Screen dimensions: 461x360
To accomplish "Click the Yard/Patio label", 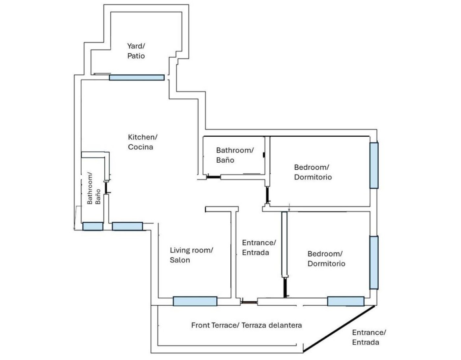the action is [136, 51].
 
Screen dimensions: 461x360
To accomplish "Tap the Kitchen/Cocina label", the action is [142, 142].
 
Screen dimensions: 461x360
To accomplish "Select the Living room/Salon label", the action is [191, 255].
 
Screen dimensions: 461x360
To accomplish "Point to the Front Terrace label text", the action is [246, 325].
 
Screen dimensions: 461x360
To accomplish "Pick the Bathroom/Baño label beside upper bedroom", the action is [235, 155].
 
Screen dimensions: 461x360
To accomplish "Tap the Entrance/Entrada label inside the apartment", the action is [259, 247].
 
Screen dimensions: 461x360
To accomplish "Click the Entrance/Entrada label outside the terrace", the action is [369, 337].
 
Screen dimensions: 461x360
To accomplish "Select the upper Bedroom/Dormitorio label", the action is [313, 172].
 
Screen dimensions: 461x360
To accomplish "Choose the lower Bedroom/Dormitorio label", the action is [326, 259].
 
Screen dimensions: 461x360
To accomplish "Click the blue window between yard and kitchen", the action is [137, 77].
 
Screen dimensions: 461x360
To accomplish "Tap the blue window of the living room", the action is [195, 301].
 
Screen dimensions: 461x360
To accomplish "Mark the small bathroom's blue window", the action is [93, 226].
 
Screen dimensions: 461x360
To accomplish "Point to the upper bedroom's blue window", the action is [374, 165].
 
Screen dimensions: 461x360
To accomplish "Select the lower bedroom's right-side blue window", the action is [374, 263].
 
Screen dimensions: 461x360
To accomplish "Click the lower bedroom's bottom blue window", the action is [346, 301].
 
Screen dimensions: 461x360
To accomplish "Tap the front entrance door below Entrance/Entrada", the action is [249, 302].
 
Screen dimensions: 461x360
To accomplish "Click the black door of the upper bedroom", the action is [267, 195].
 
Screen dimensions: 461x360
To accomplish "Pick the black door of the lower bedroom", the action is [285, 288].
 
